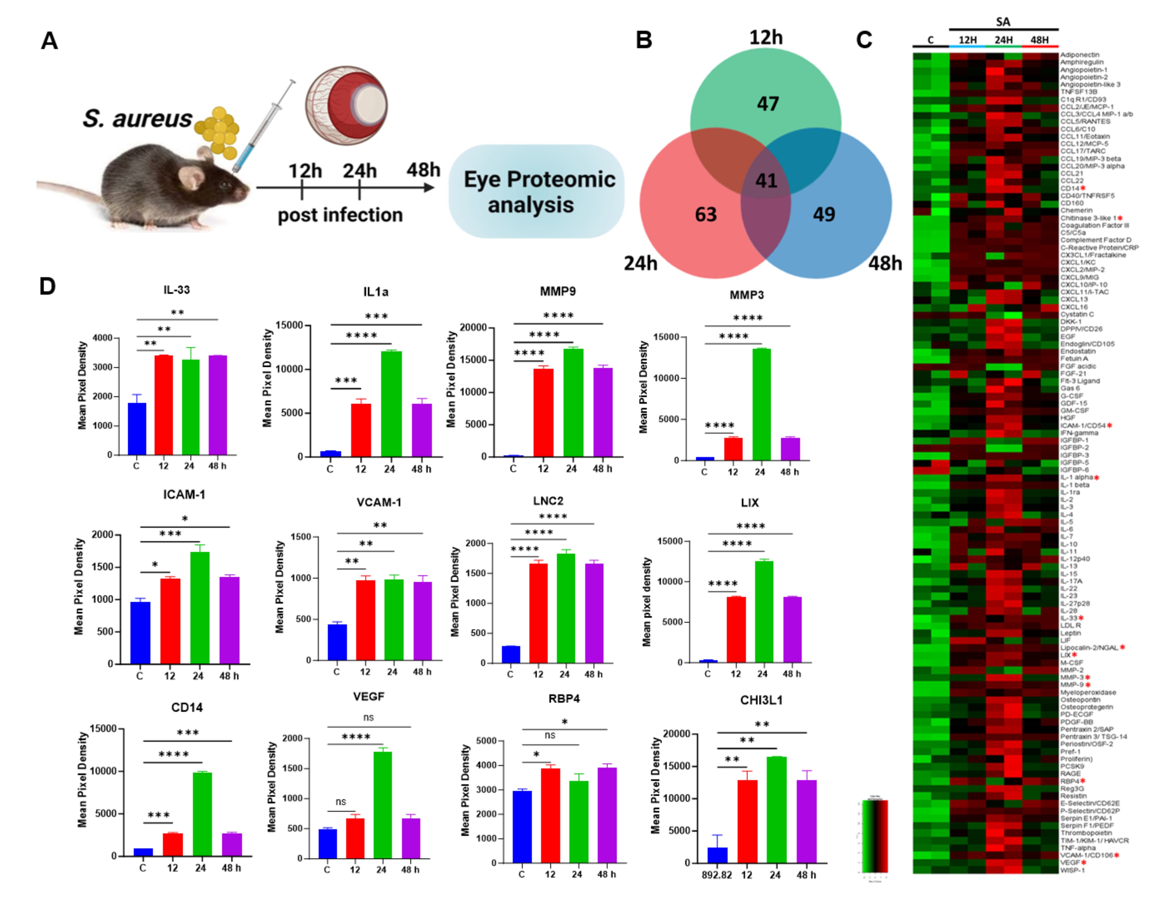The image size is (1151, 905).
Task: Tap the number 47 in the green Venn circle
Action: point(768,104)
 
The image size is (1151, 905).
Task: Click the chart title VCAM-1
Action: point(379,502)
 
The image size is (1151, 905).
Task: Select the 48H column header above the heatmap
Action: point(1039,40)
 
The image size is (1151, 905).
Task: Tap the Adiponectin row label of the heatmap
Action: point(1079,55)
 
